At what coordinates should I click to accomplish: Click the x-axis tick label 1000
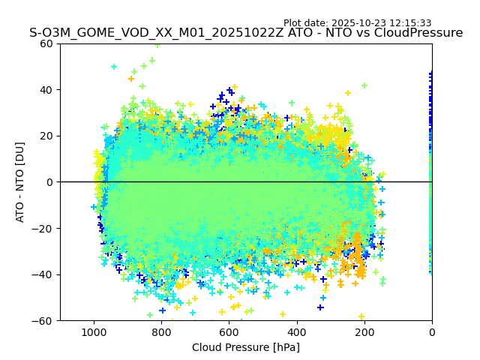[x=94, y=332]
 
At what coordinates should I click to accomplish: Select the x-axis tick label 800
[x=161, y=332]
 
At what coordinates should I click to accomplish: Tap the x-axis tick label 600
[x=229, y=332]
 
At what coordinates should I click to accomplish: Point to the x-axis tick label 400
[x=296, y=332]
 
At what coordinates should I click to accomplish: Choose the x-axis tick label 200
[x=364, y=332]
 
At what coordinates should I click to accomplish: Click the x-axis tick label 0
[x=431, y=332]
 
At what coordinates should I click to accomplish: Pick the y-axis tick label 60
[x=46, y=43]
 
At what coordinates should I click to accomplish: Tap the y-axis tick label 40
[x=46, y=89]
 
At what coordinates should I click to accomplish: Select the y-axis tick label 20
[x=46, y=136]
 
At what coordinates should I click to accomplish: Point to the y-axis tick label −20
[x=43, y=228]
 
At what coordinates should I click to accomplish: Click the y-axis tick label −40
[x=43, y=274]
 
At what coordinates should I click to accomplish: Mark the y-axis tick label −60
[x=43, y=320]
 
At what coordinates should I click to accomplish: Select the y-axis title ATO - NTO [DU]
[x=20, y=182]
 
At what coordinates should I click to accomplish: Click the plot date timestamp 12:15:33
[x=410, y=23]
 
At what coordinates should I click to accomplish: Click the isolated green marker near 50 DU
[x=114, y=67]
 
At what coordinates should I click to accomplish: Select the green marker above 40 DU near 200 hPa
[x=364, y=85]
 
